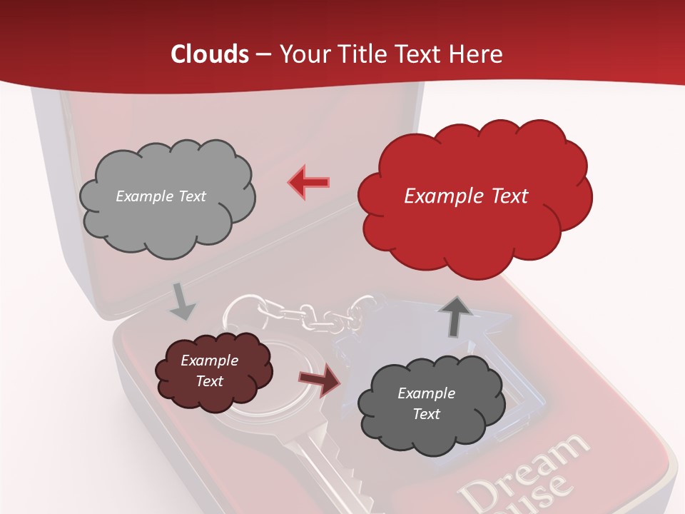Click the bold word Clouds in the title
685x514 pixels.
210,54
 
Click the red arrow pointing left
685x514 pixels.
309,182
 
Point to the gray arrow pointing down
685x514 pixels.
182,301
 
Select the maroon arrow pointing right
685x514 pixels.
320,380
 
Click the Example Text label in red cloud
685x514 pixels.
466,196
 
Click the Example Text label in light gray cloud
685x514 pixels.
161,196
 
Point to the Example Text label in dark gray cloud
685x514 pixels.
426,403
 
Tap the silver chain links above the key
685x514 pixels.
307,314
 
